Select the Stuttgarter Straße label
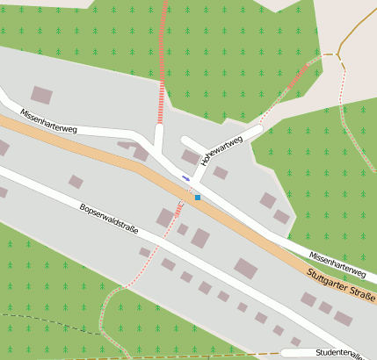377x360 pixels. click(342, 287)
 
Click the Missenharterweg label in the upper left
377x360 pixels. click(48, 122)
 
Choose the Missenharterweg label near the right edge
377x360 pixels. click(337, 261)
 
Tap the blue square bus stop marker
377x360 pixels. click(198, 197)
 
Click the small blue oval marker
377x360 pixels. click(185, 178)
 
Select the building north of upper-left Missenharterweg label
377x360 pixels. click(41, 95)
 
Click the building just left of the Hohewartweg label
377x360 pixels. click(190, 157)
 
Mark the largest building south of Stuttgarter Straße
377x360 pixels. click(245, 269)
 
